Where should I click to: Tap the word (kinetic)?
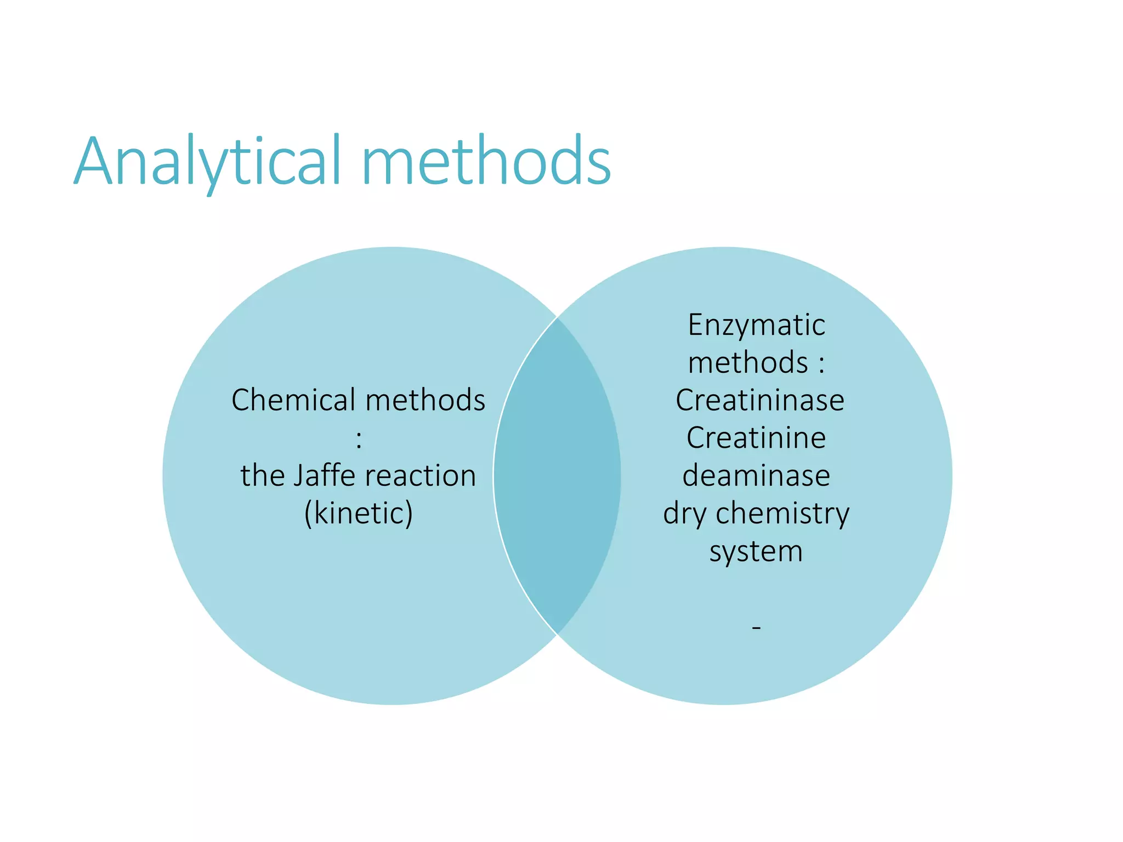[x=359, y=514]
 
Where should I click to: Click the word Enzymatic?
[x=756, y=325]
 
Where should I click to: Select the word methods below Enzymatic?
[x=748, y=363]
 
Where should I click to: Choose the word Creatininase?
[x=759, y=400]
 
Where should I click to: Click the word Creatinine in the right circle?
[x=756, y=438]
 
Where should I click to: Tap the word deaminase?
[x=756, y=475]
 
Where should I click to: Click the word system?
[x=756, y=551]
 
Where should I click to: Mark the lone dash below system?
[x=756, y=627]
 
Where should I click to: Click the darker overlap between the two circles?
[x=557, y=476]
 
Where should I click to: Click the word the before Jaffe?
[x=262, y=475]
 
